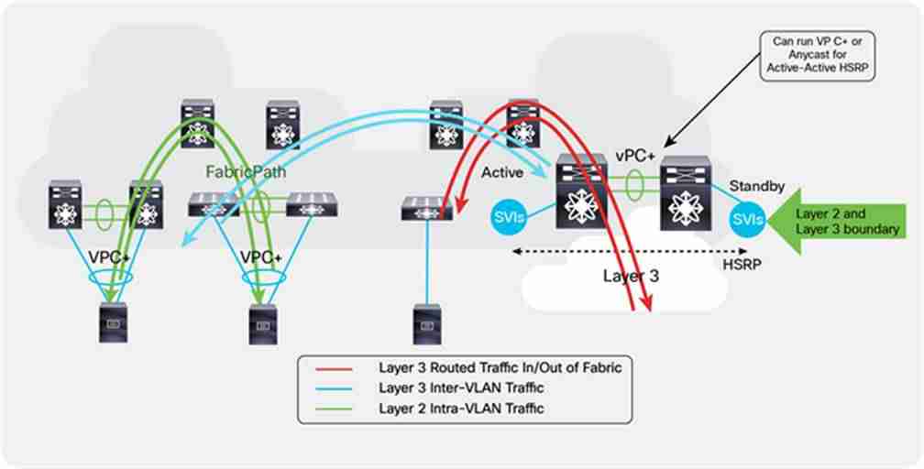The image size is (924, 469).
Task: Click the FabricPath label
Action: (246, 172)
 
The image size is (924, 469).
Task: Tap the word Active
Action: (502, 172)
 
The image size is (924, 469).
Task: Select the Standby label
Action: (756, 186)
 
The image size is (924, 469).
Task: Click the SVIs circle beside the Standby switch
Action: (747, 221)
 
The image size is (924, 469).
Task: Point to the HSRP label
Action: (742, 265)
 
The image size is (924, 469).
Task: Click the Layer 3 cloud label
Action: (631, 276)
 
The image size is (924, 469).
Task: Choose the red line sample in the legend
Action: (335, 369)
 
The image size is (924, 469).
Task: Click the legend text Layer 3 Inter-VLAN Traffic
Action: (461, 388)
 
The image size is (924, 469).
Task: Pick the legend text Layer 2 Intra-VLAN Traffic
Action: (461, 409)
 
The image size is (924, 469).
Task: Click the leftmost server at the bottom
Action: (114, 322)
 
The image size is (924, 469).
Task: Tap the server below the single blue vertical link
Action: (427, 324)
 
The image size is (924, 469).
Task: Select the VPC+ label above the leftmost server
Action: (110, 257)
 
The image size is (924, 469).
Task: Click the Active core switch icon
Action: (581, 191)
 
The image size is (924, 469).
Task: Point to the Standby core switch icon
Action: (686, 192)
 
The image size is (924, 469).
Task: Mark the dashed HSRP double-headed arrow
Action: (630, 252)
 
